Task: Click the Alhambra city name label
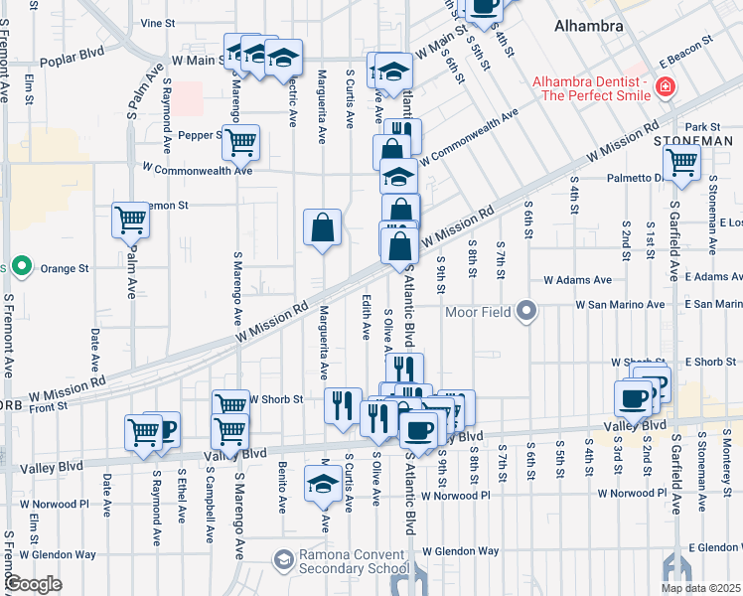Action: point(589,24)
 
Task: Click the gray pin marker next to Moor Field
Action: point(527,312)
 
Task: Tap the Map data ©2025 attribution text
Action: point(700,588)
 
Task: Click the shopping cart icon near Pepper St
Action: point(240,142)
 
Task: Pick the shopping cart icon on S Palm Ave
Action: point(131,220)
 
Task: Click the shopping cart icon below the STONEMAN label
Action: point(681,163)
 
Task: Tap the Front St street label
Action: point(47,405)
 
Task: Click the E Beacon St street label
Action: point(693,43)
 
